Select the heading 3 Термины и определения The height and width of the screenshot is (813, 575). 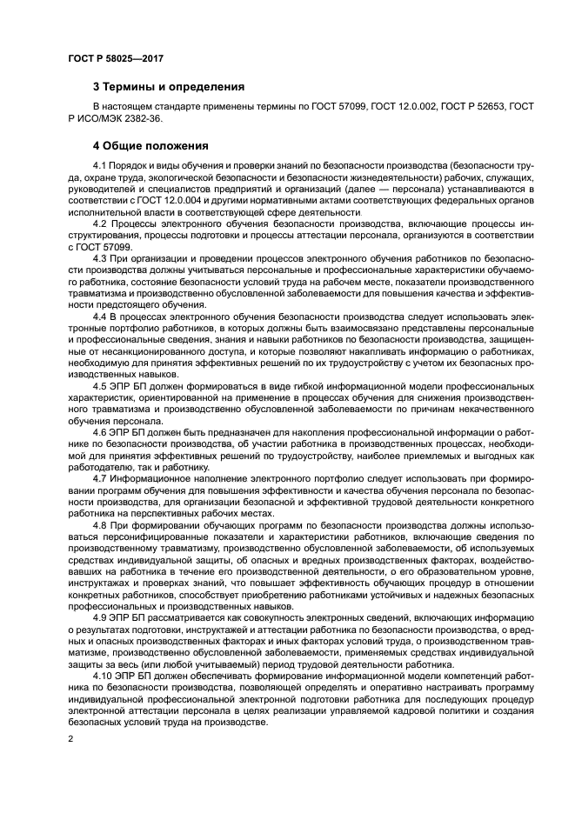point(168,86)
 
